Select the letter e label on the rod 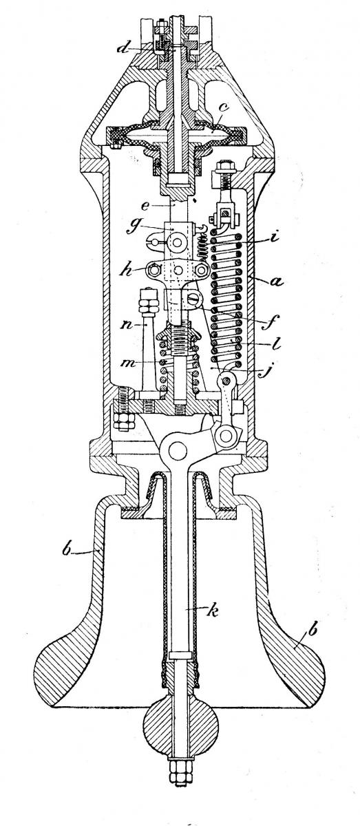[x=145, y=206]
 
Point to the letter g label [x=131, y=226]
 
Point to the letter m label [x=128, y=363]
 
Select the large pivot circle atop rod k [x=178, y=449]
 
